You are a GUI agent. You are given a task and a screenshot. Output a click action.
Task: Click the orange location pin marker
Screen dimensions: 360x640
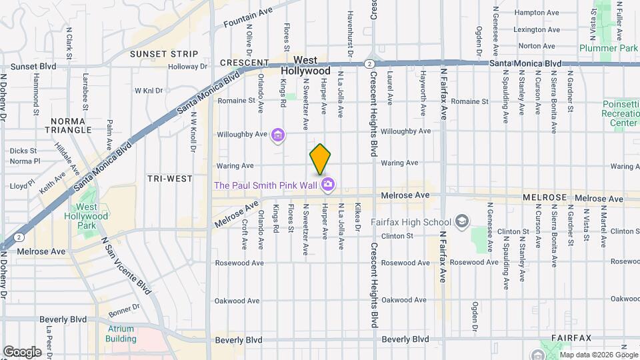pos(320,159)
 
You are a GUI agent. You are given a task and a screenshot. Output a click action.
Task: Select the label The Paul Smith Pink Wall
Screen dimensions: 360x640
pos(266,185)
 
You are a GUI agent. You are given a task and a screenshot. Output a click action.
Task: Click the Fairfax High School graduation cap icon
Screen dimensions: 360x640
pos(461,221)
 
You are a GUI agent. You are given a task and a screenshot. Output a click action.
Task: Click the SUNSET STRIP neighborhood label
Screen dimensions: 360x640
pos(164,53)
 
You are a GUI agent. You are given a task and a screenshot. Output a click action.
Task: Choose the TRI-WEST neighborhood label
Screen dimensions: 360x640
pos(170,179)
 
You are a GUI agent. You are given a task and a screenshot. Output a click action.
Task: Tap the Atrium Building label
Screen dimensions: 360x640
pos(120,333)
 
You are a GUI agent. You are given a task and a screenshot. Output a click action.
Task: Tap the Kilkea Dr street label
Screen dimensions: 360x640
pos(358,218)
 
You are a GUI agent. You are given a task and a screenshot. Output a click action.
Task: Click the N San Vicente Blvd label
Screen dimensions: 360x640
pos(126,264)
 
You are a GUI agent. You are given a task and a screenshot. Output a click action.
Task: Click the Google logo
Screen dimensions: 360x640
pos(22,351)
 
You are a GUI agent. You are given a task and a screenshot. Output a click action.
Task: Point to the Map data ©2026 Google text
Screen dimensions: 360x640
pos(598,354)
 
